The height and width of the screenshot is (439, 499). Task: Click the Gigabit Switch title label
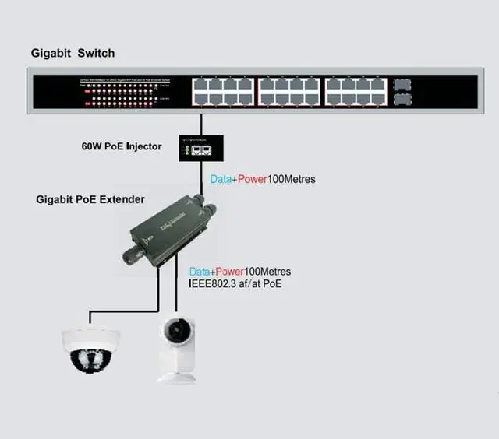point(73,53)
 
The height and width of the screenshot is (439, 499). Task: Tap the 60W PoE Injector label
point(121,146)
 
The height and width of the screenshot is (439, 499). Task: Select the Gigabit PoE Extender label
point(90,199)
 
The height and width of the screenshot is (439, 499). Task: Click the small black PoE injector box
point(202,146)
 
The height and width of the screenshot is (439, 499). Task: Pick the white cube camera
point(179,346)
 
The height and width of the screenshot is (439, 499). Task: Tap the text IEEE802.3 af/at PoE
point(235,283)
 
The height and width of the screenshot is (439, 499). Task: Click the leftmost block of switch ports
point(224,92)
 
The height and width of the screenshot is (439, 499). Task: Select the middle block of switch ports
point(289,92)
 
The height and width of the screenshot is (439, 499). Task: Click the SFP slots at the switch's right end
point(402,90)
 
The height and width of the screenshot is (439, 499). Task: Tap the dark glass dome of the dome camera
point(90,358)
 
